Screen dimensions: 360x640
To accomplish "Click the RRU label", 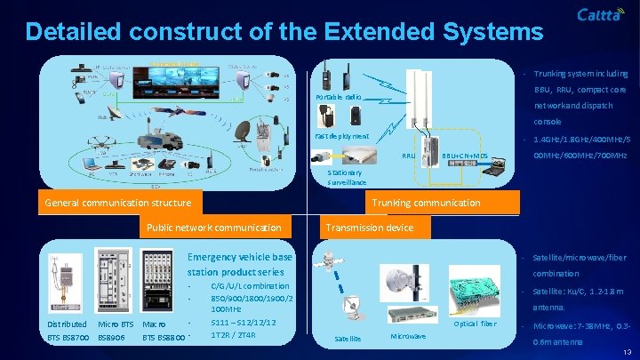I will coord(409,156).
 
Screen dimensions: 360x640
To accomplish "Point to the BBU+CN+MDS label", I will coord(467,156).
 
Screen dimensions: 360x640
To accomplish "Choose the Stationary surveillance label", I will coord(346,177).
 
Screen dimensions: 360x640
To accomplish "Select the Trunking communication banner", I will coord(426,203).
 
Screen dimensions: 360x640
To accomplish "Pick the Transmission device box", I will coord(369,228).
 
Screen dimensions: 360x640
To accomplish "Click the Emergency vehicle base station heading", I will coord(240,264).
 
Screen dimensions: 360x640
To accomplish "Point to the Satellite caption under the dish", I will coord(348,339).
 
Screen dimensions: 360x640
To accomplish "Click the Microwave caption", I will coord(408,335).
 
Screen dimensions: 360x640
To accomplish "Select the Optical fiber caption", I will coord(475,324).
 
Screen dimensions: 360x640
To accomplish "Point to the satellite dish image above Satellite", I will coord(352,310).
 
